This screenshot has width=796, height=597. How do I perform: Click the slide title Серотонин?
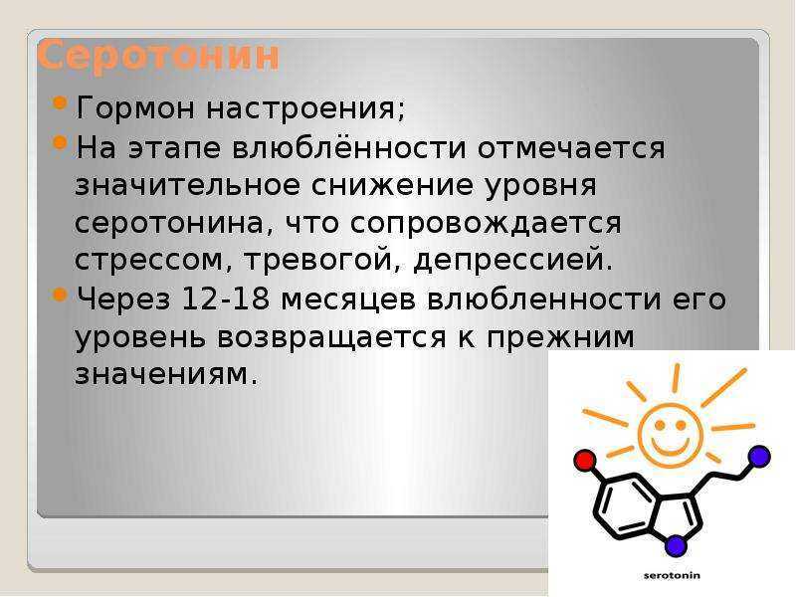click(158, 56)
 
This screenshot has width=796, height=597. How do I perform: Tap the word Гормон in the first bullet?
click(135, 107)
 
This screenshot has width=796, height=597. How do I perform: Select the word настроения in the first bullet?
click(305, 108)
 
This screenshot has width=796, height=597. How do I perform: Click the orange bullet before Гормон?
click(60, 102)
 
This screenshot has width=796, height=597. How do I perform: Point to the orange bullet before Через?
click(60, 294)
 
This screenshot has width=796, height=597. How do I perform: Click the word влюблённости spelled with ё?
click(349, 147)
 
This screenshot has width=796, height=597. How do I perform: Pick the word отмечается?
click(571, 148)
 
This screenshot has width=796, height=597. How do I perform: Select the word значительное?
click(187, 185)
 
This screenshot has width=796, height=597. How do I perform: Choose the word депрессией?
click(513, 261)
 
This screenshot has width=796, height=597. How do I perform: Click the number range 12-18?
click(226, 298)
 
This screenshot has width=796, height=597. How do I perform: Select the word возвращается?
click(331, 338)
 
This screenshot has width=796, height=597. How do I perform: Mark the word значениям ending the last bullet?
click(166, 376)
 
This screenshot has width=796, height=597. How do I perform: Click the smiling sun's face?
click(670, 435)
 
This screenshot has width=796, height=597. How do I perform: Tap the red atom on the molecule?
click(585, 460)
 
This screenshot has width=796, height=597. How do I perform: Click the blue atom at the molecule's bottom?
click(676, 545)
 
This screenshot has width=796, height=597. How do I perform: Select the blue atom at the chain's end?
click(759, 456)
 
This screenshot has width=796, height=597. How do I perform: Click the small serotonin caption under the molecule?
click(672, 576)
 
